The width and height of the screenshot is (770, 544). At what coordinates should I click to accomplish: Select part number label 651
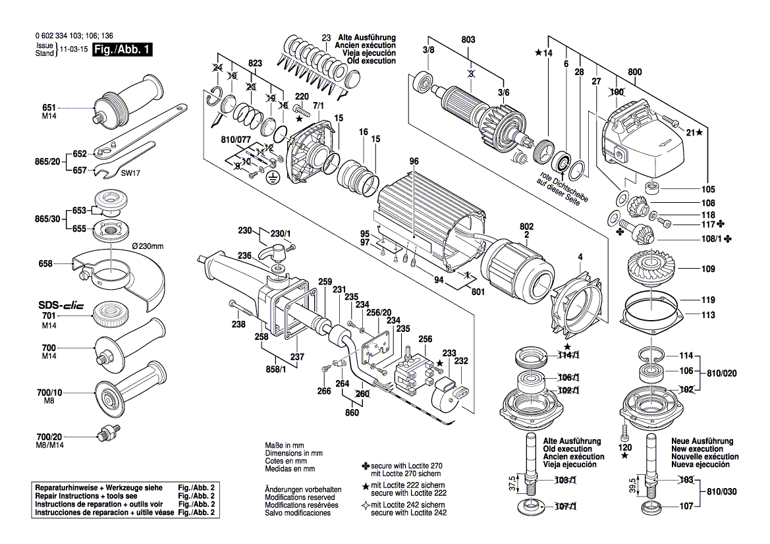(49, 107)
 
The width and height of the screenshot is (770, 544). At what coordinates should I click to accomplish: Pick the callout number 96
(414, 162)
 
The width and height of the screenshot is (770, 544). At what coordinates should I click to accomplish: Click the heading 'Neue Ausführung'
(702, 441)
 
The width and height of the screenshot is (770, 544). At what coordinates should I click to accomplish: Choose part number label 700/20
(49, 437)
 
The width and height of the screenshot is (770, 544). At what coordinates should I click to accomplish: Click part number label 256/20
(379, 312)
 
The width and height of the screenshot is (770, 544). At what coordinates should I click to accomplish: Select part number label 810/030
(720, 491)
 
